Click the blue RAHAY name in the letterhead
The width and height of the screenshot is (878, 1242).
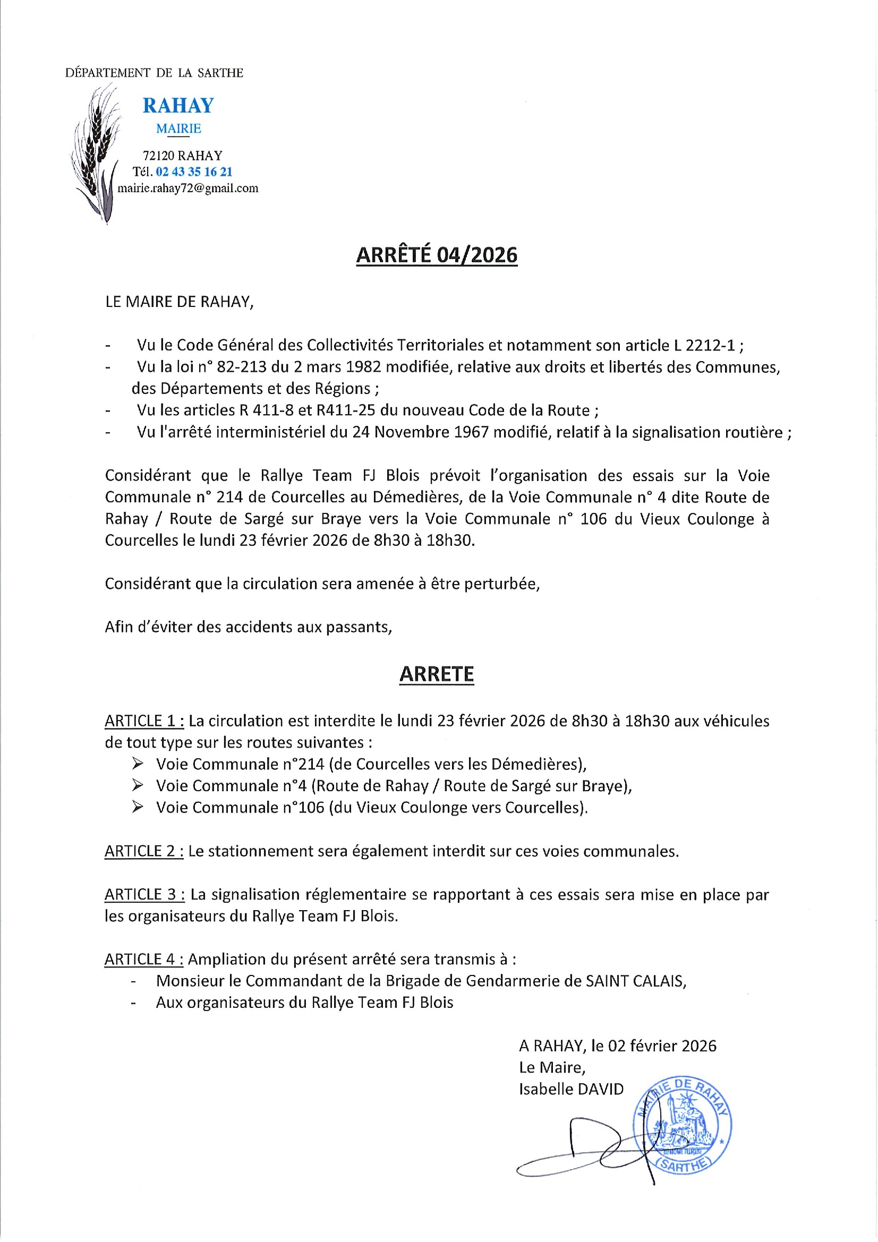tap(178, 105)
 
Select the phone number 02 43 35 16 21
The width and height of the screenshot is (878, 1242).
tap(194, 172)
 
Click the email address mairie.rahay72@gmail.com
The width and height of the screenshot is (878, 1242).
tap(187, 189)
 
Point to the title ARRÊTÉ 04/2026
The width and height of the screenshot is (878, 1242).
tap(437, 255)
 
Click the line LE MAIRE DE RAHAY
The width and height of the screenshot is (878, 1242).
tap(179, 302)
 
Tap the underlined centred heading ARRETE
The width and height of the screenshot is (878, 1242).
tap(437, 674)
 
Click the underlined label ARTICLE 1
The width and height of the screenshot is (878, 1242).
tap(144, 721)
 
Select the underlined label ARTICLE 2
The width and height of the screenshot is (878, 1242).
tap(144, 851)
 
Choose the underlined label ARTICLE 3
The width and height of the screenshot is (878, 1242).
tap(144, 895)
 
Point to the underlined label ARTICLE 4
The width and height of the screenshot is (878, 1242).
tap(144, 960)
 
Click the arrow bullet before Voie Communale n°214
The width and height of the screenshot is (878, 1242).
tap(138, 764)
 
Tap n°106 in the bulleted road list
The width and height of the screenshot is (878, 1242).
tap(303, 808)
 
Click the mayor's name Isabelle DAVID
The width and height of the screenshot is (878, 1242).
tap(571, 1089)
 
